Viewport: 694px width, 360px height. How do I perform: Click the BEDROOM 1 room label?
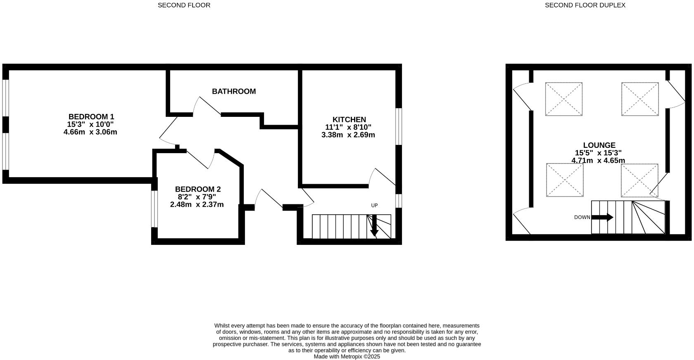pyautogui.click(x=91, y=116)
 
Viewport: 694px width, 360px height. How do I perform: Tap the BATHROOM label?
pyautogui.click(x=234, y=91)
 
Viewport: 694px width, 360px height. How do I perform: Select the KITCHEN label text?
pyautogui.click(x=349, y=120)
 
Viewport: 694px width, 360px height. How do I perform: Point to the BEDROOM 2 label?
pyautogui.click(x=197, y=189)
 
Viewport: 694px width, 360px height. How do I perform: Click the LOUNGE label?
pyautogui.click(x=599, y=145)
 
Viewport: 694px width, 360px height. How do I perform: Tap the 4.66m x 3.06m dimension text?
pyautogui.click(x=90, y=132)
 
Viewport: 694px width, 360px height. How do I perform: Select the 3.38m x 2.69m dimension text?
pyautogui.click(x=348, y=135)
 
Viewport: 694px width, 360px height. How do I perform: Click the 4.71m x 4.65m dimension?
pyautogui.click(x=598, y=161)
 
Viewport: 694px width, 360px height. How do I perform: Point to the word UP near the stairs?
pyautogui.click(x=374, y=205)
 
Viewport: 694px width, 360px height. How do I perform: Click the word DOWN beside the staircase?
pyautogui.click(x=582, y=218)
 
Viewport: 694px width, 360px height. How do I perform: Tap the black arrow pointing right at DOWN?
pyautogui.click(x=603, y=218)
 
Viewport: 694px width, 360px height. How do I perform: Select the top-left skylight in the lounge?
pyautogui.click(x=564, y=99)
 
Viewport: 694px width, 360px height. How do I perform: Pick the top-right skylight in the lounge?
pyautogui.click(x=640, y=99)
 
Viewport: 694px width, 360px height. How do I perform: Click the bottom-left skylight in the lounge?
pyautogui.click(x=565, y=180)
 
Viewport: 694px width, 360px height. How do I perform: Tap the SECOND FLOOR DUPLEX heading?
pyautogui.click(x=585, y=5)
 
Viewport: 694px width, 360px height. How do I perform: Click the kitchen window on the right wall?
pyautogui.click(x=399, y=126)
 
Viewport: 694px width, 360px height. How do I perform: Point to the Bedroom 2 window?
pyautogui.click(x=154, y=209)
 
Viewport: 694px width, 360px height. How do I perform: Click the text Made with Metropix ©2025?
pyautogui.click(x=347, y=356)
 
